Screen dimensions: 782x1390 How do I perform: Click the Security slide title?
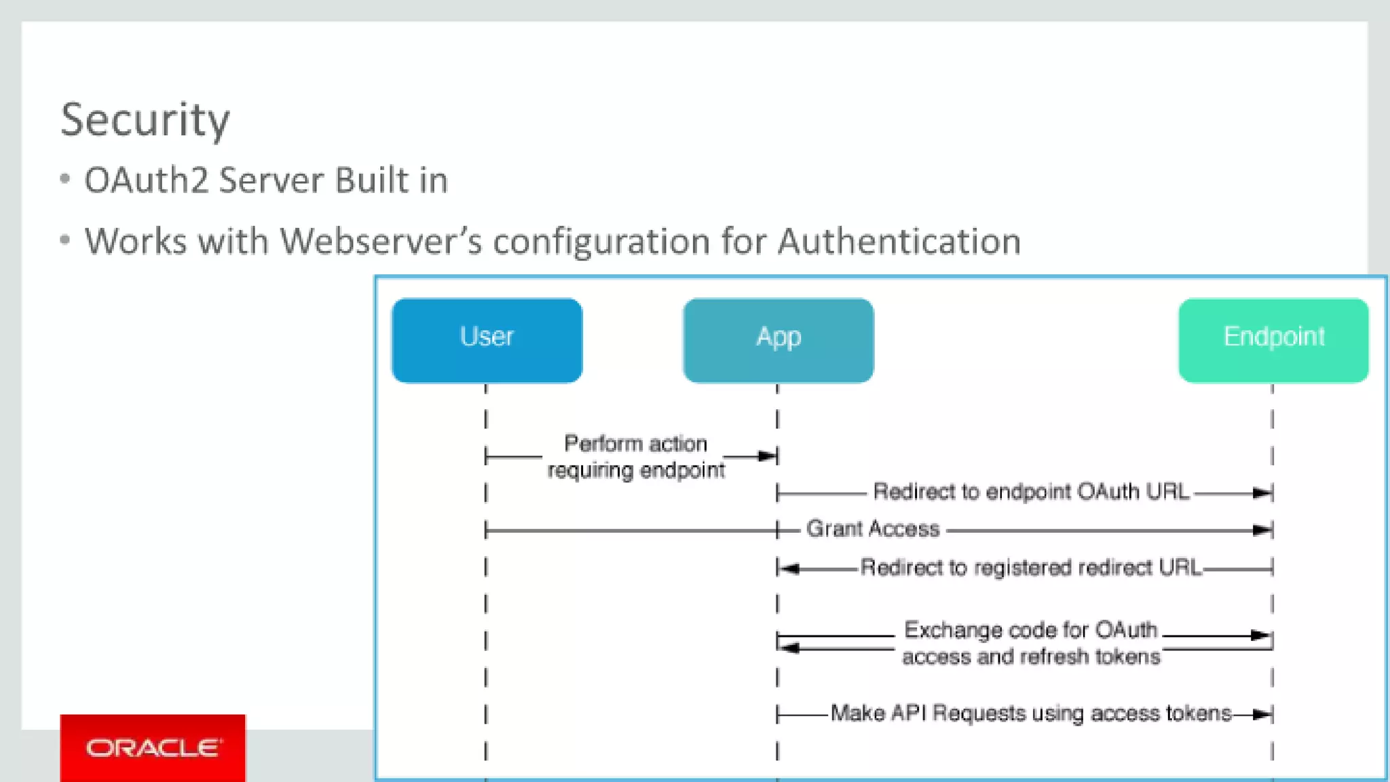pos(145,120)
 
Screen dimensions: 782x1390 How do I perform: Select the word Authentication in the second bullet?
pos(899,242)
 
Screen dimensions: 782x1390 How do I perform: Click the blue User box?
pos(487,340)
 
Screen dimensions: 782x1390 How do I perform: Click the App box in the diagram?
pos(778,340)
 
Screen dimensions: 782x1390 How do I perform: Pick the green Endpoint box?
pos(1273,340)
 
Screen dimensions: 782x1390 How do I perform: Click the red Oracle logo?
pos(153,747)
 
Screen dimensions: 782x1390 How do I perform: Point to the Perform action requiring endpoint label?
pos(636,457)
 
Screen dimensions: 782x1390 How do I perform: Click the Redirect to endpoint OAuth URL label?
pos(1030,491)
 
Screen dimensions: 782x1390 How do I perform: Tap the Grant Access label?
pos(872,529)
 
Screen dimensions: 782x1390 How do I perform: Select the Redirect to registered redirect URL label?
pos(1030,567)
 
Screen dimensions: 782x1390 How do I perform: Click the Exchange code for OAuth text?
pos(1030,631)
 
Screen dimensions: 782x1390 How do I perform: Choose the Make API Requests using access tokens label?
pos(1030,713)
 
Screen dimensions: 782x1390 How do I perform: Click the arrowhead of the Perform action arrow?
pos(768,456)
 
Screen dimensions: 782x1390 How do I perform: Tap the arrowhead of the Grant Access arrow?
pos(1262,530)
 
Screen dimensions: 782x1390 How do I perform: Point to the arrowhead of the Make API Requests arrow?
pos(1262,714)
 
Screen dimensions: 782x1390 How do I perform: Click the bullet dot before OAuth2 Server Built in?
pos(65,179)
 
